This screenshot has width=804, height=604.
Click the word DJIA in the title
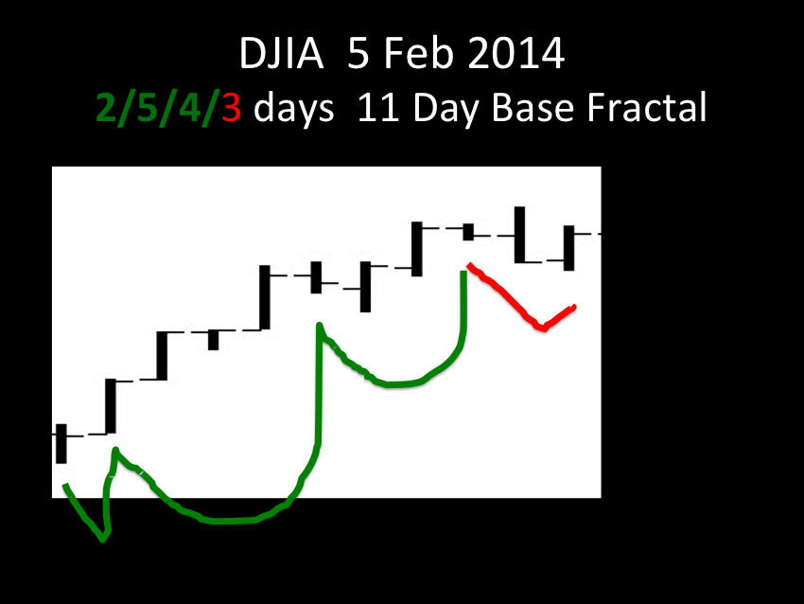click(x=282, y=53)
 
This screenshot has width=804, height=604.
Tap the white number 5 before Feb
click(x=358, y=53)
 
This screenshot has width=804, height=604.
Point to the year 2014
click(x=516, y=53)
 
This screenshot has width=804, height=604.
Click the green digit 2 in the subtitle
click(x=107, y=107)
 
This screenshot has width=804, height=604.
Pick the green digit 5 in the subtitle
click(x=148, y=107)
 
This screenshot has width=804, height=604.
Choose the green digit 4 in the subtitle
click(x=189, y=107)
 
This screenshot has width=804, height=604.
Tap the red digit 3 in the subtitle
click(x=231, y=107)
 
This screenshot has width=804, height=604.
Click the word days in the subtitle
click(x=294, y=109)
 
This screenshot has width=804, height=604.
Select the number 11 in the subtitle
click(x=378, y=107)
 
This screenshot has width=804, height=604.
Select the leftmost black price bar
click(x=61, y=444)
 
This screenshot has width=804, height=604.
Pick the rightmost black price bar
click(x=569, y=248)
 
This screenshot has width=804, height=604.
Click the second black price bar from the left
click(x=111, y=406)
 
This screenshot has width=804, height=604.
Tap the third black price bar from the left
click(x=162, y=356)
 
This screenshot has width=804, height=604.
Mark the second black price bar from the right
click(x=520, y=235)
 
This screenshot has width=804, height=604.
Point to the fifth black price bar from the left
click(x=265, y=297)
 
